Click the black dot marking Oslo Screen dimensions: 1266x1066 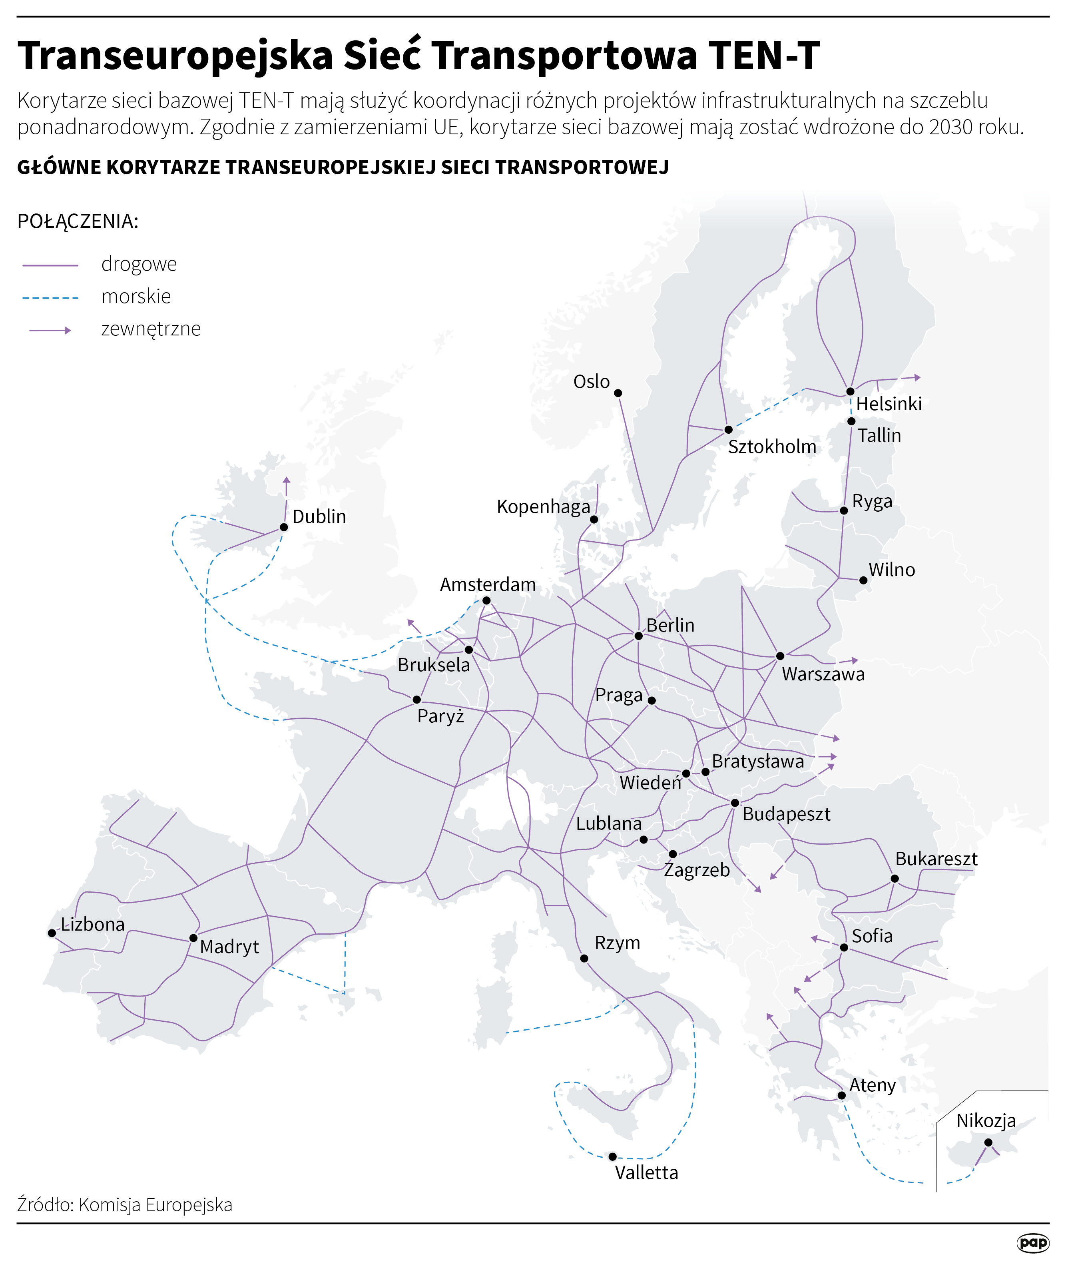point(618,393)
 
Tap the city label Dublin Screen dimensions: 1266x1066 point(319,516)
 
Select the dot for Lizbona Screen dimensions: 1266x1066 point(52,933)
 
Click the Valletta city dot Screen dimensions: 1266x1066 point(612,1156)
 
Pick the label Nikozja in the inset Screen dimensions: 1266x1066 point(986,1121)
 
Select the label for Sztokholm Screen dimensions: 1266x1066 point(772,447)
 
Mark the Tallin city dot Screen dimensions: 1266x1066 point(851,421)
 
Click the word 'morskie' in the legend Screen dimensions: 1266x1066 point(136,296)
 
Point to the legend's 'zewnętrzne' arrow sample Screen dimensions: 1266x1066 point(50,331)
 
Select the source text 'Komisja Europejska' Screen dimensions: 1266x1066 point(155,1205)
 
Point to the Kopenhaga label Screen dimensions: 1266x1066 point(543,506)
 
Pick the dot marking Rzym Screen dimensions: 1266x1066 point(584,959)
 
